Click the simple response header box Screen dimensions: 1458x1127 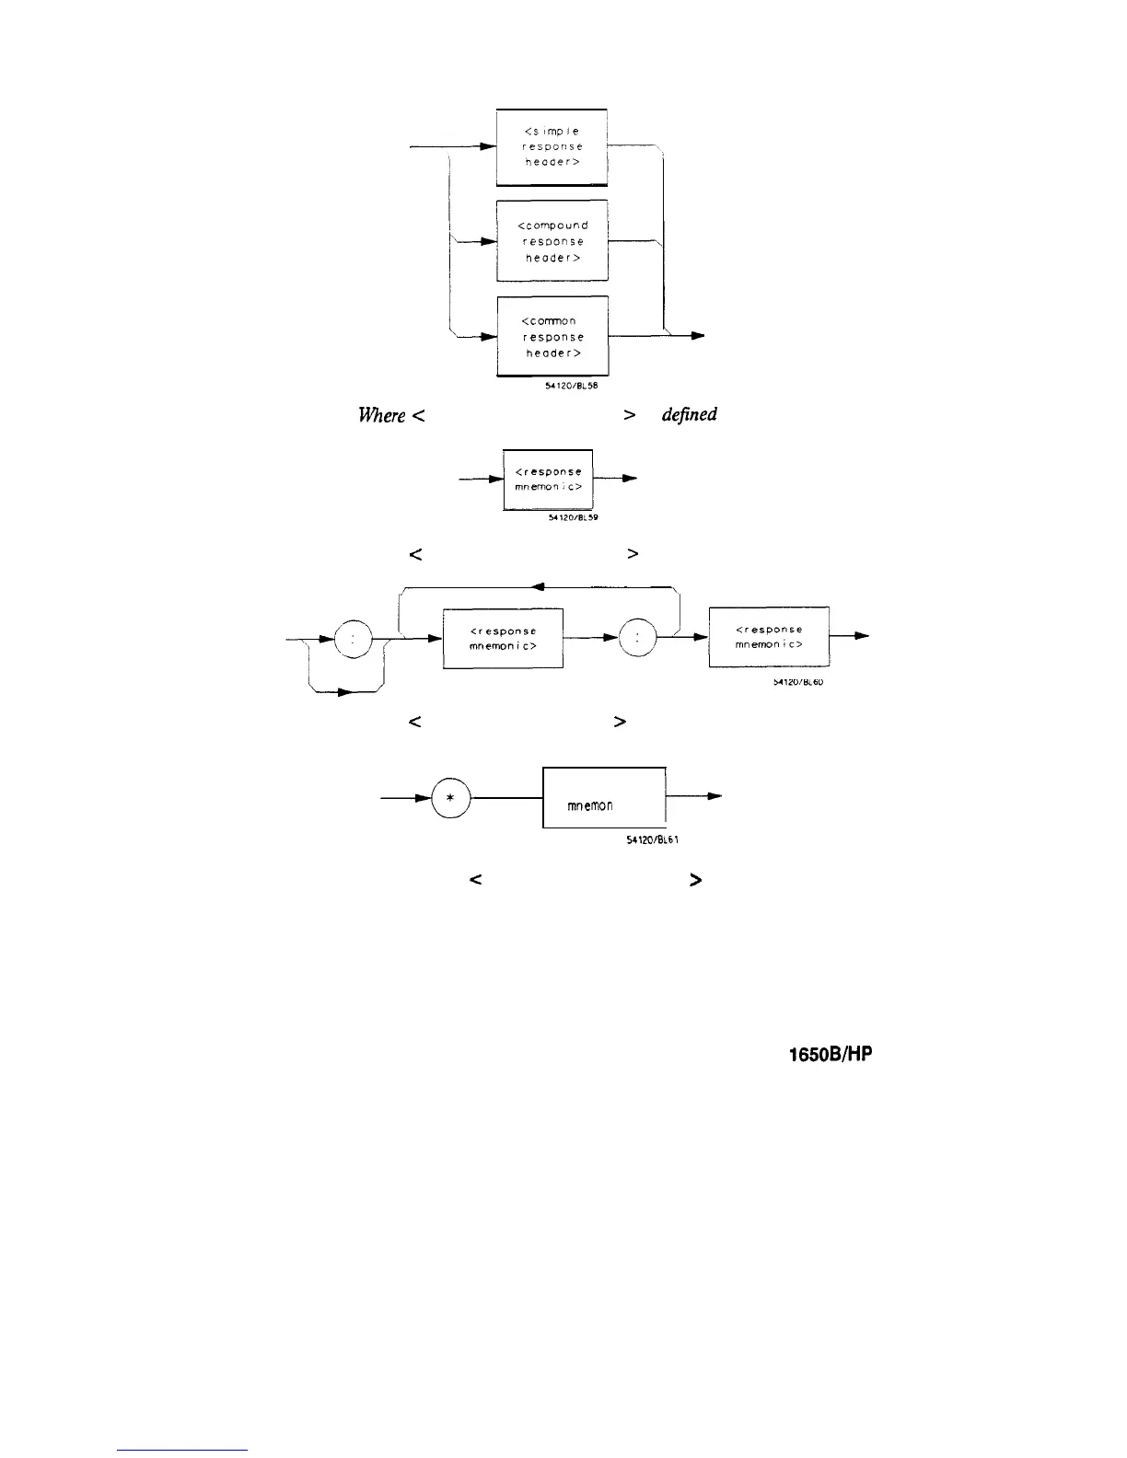tap(552, 146)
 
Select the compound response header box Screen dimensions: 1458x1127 tap(552, 241)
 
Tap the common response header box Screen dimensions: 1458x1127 tap(552, 337)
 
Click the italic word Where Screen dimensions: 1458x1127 tap(381, 415)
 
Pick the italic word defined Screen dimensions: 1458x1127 tap(690, 415)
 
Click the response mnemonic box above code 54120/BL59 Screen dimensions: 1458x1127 tap(548, 479)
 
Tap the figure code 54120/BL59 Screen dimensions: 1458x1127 tap(566, 518)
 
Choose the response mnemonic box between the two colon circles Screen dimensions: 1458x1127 tap(503, 637)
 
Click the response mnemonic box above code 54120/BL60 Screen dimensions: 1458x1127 tap(769, 637)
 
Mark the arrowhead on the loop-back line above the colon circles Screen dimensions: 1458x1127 tap(540, 586)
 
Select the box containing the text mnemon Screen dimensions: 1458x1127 tap(604, 798)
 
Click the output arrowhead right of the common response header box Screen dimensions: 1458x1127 tap(699, 337)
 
